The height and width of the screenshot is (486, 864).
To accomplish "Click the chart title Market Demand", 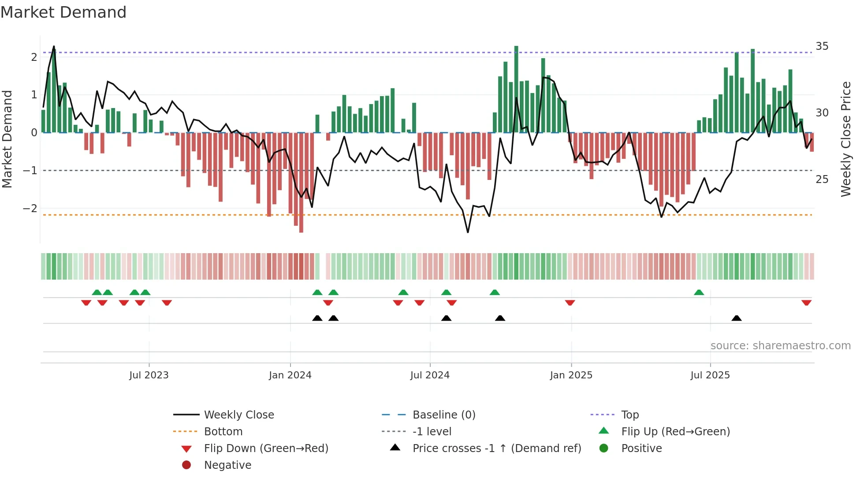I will (x=63, y=12).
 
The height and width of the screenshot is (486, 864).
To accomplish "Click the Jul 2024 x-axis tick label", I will (x=430, y=375).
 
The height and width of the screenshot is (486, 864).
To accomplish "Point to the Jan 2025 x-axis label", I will (x=571, y=375).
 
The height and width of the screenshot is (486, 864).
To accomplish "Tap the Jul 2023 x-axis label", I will (x=149, y=375).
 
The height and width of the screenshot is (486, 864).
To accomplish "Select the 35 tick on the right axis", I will (x=822, y=46).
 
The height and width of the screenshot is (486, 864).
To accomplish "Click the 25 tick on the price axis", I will (x=822, y=179).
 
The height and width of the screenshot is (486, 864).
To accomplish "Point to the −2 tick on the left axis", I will (x=30, y=208).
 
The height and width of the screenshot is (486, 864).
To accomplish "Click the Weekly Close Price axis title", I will (x=845, y=139).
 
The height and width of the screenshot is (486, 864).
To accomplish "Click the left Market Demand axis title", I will (x=7, y=139).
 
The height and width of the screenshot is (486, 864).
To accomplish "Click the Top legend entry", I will (x=629, y=415).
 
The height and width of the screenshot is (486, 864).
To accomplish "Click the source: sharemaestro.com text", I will (x=780, y=346).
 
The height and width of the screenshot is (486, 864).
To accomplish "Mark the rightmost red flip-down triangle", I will (x=806, y=303).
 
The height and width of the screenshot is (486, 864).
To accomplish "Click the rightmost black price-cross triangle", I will (x=736, y=318).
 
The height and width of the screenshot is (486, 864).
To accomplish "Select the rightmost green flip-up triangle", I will (x=699, y=292).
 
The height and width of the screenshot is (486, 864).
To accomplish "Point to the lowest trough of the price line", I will (x=468, y=232).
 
